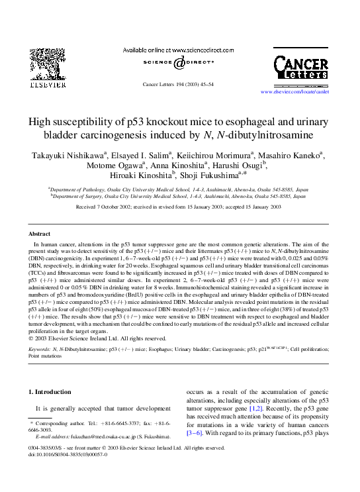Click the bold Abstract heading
click(x=39, y=234)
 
